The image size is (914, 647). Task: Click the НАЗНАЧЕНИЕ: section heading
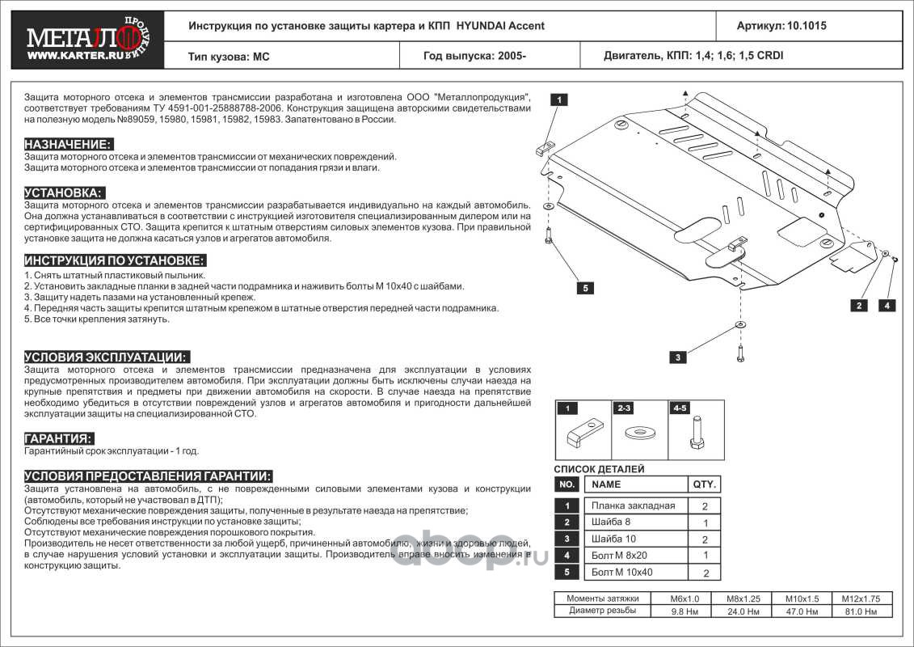[68, 143]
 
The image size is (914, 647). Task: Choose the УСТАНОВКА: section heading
[64, 192]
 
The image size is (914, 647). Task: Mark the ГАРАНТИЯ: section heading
[58, 438]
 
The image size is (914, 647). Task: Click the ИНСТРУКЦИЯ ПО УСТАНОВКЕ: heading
[115, 260]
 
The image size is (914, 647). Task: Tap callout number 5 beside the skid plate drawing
[586, 288]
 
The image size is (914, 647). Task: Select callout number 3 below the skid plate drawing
[678, 357]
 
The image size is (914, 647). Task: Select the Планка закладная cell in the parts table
[633, 506]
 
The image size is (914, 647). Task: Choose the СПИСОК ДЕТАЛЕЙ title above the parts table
[599, 469]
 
